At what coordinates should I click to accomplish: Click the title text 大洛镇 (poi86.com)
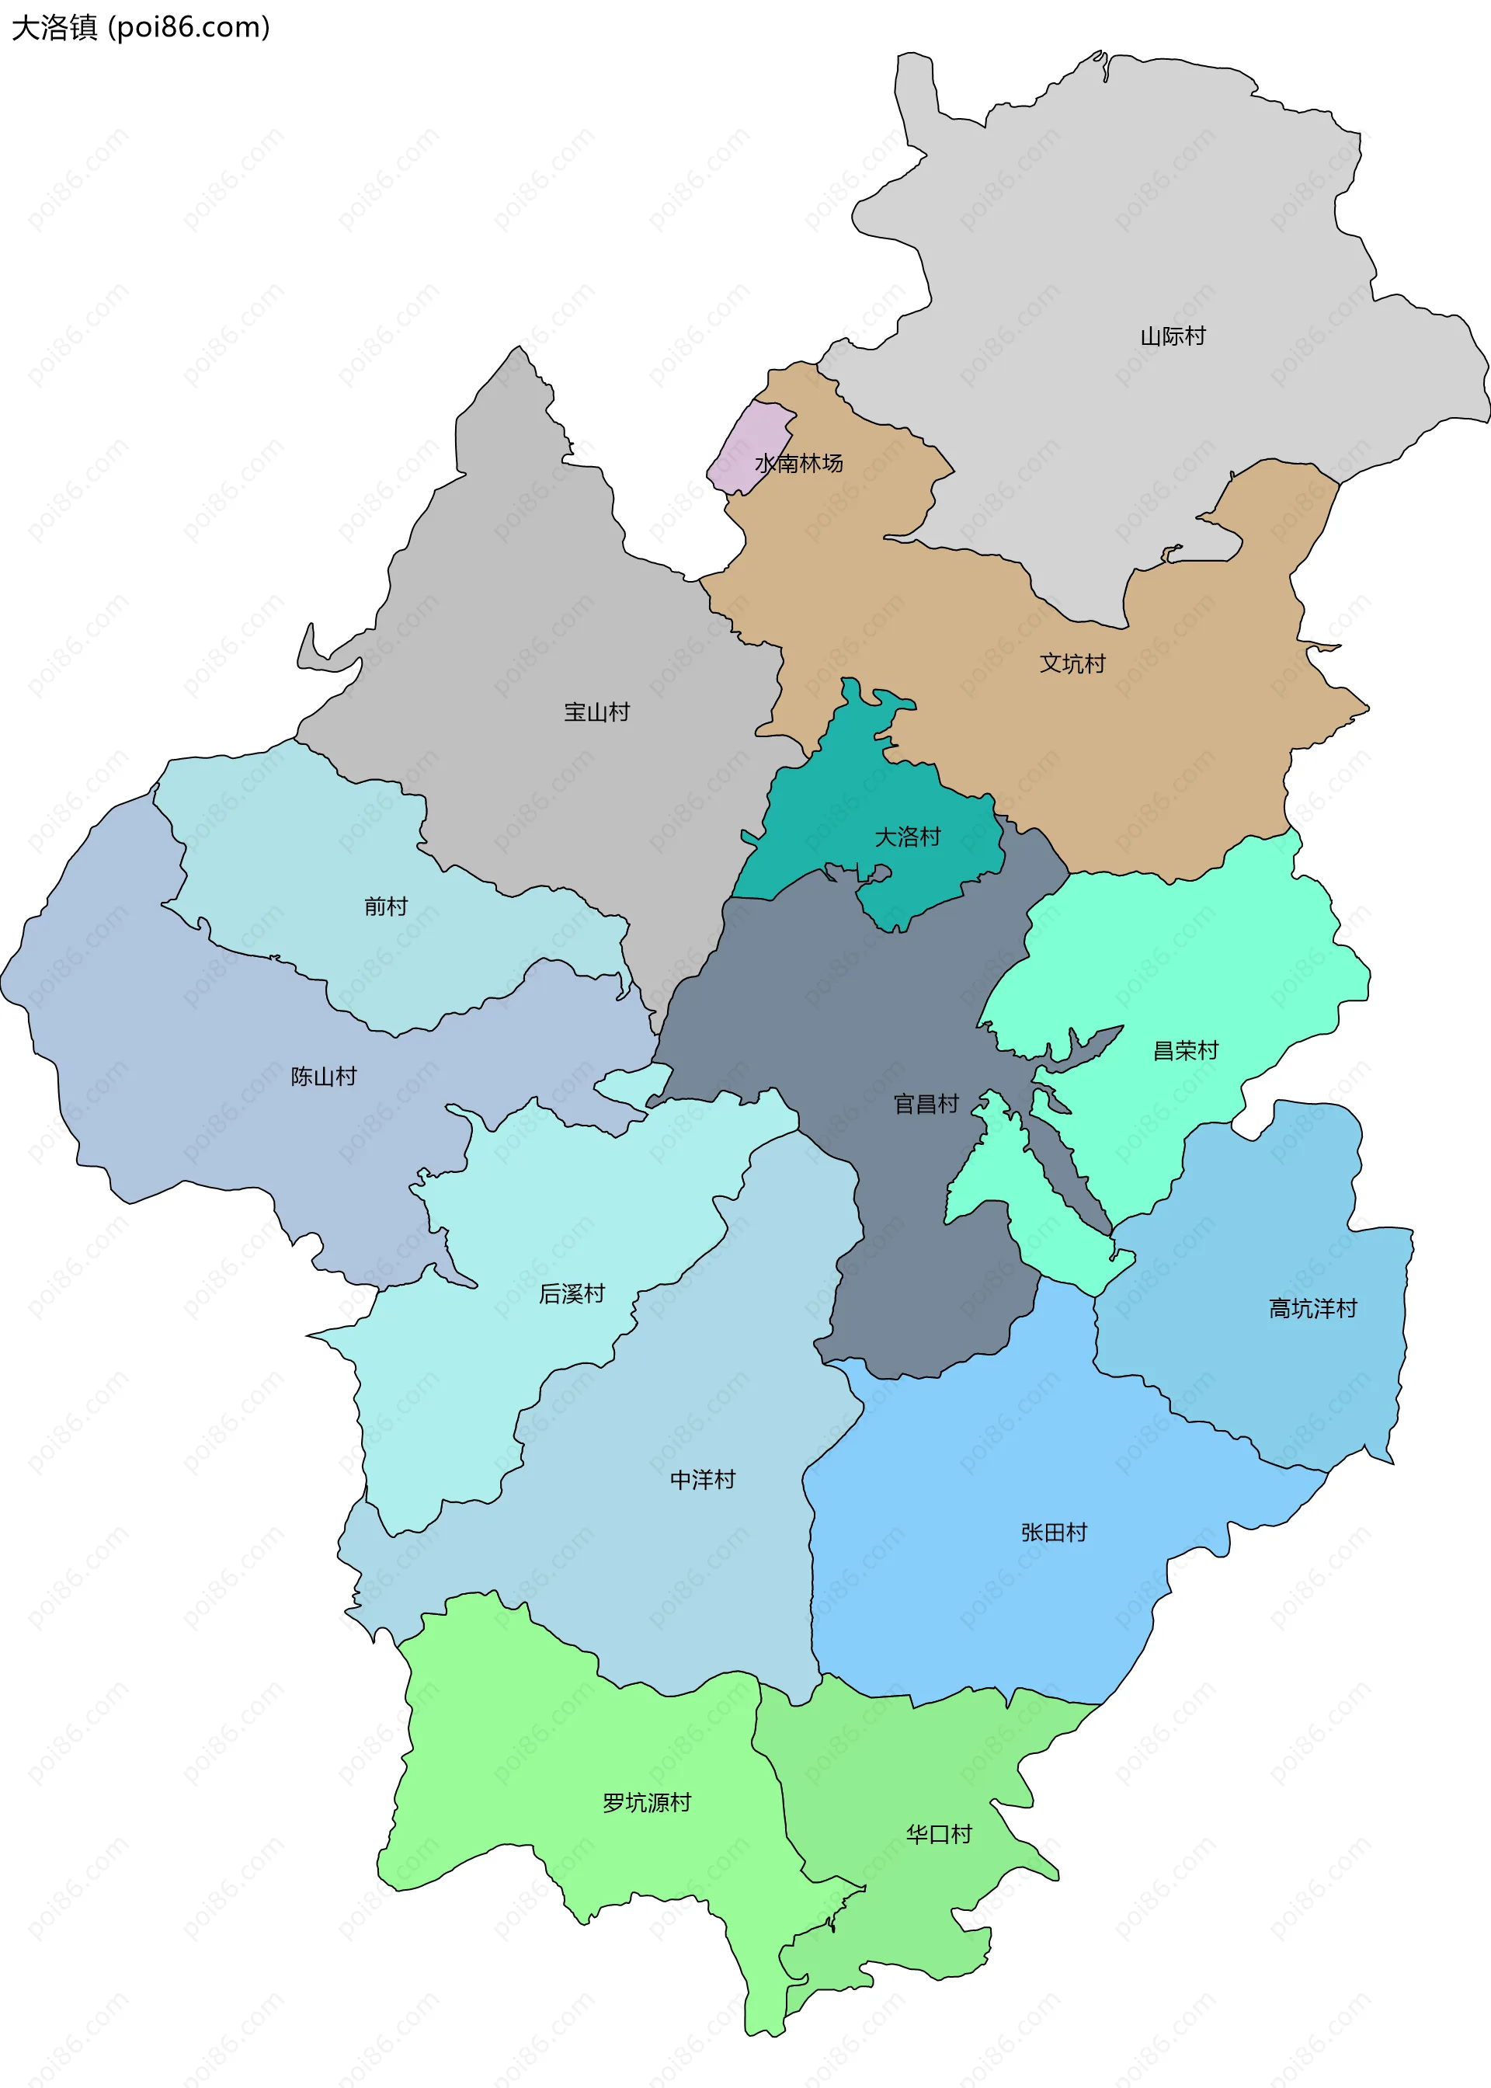141,27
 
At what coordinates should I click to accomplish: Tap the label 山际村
1173,337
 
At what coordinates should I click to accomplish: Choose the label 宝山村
596,712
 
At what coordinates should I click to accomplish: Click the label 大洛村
907,837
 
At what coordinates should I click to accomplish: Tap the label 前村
386,907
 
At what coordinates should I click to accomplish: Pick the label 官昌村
926,1105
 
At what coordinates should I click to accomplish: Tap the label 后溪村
572,1295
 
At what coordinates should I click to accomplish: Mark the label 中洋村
702,1480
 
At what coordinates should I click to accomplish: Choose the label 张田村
1053,1533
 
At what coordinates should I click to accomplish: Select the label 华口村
938,1835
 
